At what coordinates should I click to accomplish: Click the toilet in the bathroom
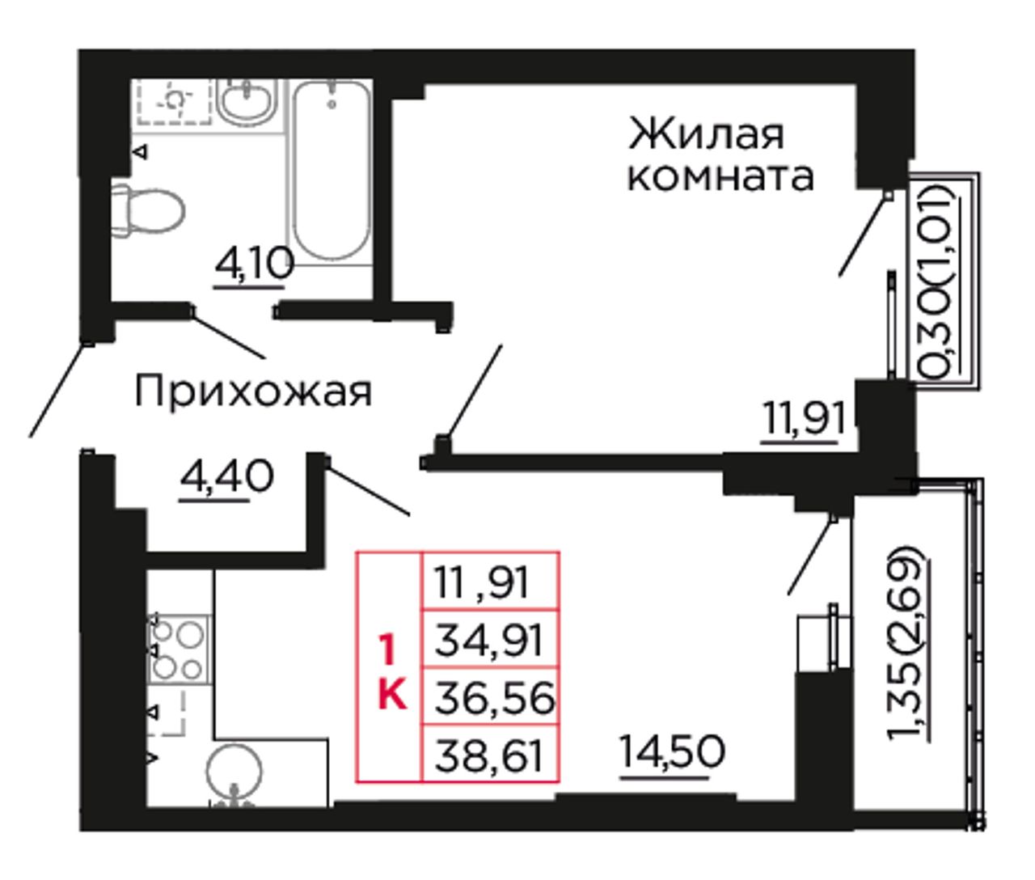coord(148,209)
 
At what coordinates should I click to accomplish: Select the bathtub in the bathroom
coord(332,171)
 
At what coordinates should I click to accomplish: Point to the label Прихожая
coord(253,393)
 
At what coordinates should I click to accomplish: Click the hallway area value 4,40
coord(227,476)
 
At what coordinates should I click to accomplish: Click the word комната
coord(720,178)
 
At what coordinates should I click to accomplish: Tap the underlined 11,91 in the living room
coord(803,419)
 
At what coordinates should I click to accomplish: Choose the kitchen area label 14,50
coord(671,752)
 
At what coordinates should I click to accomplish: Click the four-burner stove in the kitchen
coord(178,649)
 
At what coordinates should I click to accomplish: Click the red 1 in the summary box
coord(387,649)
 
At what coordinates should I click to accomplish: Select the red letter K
coord(392,695)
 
